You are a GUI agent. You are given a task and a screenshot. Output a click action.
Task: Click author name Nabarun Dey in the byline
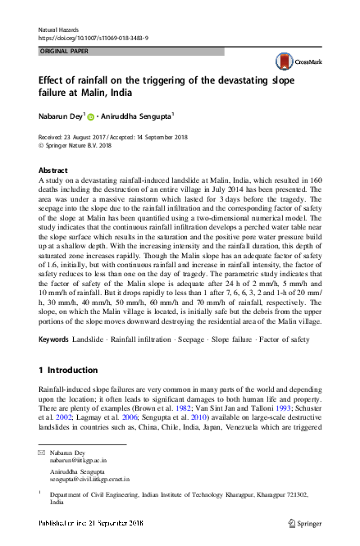(x=61, y=116)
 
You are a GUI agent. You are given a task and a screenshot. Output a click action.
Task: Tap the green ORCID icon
(x=91, y=117)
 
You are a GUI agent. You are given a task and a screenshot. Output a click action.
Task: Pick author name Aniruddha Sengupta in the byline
(x=138, y=116)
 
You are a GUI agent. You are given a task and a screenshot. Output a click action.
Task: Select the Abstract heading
(x=53, y=170)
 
